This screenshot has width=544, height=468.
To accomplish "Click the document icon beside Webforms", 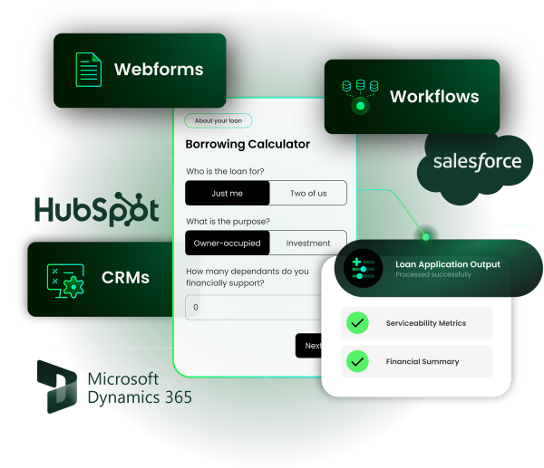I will [x=88, y=71].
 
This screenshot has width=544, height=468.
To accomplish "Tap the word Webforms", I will [x=159, y=70].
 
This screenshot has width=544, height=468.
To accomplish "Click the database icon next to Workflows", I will [x=360, y=95].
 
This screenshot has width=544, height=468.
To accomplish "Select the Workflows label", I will [x=434, y=96].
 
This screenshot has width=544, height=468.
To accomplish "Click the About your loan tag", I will [x=218, y=120].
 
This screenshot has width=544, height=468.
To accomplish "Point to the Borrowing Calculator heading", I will [x=248, y=144].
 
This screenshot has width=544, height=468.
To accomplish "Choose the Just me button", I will [x=227, y=193].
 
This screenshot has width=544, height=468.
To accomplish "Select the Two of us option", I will [x=308, y=193].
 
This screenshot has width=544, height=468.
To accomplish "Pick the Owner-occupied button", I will [x=227, y=243].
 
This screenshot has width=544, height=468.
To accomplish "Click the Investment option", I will [x=308, y=243].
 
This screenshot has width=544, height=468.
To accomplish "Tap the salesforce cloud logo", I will [x=477, y=163].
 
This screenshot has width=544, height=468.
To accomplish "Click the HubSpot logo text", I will [x=95, y=209].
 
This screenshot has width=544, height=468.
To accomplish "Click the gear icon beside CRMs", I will [x=65, y=279].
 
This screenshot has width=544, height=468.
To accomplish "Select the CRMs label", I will [x=125, y=278].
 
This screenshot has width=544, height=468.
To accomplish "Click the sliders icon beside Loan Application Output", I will [x=363, y=268].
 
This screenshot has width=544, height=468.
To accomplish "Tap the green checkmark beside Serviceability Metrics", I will [x=357, y=323].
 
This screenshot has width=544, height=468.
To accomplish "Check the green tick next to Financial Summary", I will [x=357, y=361].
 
